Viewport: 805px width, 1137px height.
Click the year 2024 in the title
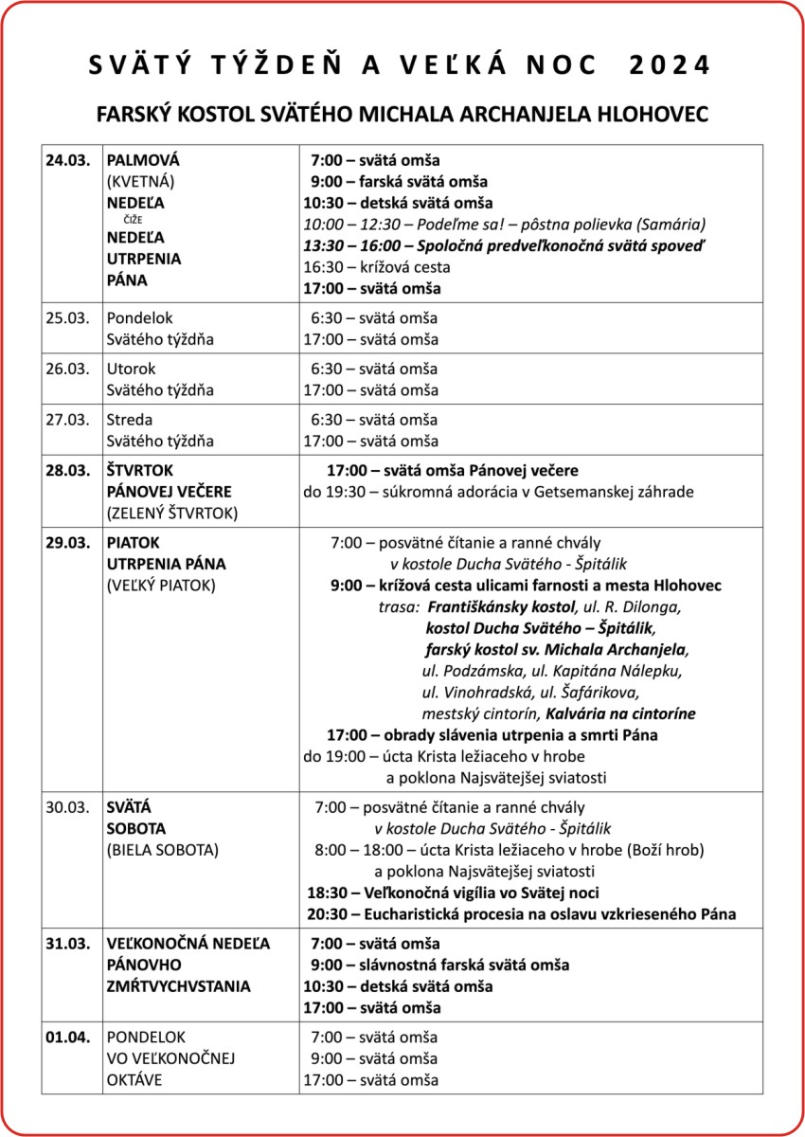tap(669, 65)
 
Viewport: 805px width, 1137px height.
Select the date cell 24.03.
tap(67, 160)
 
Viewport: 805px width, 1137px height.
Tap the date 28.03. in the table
tap(67, 470)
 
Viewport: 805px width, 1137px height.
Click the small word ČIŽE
tap(133, 220)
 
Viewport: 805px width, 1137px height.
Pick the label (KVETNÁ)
tap(141, 181)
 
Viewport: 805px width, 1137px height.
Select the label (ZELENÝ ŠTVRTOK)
tap(171, 514)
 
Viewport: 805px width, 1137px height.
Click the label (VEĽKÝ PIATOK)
tap(161, 586)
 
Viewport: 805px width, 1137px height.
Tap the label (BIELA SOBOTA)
tap(163, 850)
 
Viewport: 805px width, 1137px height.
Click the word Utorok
tap(132, 369)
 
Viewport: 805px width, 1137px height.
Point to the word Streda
tap(130, 419)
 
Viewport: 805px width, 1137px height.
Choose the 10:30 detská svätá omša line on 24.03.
tap(398, 203)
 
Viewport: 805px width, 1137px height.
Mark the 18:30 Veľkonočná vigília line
tap(453, 893)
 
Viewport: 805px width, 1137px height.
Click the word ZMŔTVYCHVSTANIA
tap(179, 986)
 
